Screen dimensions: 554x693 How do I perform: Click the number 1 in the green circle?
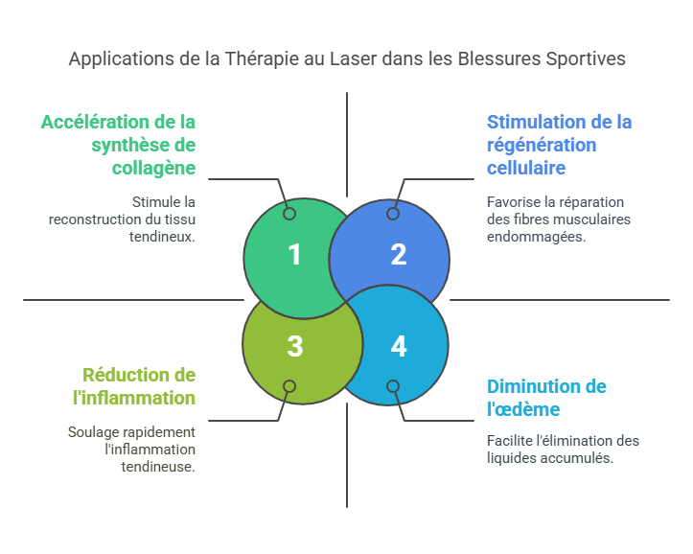294,255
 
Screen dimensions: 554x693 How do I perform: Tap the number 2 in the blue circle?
399,255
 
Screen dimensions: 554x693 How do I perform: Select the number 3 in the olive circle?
294,346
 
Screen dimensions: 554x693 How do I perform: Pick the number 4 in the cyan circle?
399,346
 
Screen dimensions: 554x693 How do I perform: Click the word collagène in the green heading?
153,168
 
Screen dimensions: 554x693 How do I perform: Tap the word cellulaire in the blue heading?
526,168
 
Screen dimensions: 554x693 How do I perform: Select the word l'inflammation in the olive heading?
139,397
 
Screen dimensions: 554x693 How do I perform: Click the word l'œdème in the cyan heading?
523,409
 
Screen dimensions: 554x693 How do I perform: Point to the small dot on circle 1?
289,214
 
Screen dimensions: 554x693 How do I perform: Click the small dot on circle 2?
393,214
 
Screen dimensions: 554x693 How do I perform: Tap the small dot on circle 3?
289,386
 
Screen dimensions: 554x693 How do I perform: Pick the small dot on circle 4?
393,386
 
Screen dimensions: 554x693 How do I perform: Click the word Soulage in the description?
95,432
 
